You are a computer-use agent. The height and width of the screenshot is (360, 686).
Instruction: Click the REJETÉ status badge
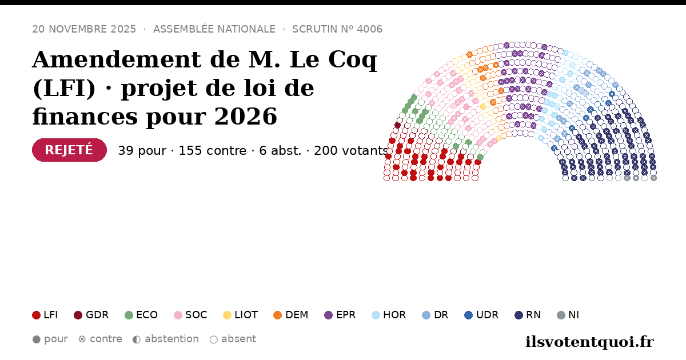[x=69, y=150]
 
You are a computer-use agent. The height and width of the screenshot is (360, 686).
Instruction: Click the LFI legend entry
[x=45, y=315]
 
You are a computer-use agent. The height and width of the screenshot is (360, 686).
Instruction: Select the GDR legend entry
[x=91, y=315]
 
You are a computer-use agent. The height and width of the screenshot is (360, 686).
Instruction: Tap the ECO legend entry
[x=141, y=315]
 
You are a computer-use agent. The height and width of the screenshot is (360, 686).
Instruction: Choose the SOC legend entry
[x=190, y=315]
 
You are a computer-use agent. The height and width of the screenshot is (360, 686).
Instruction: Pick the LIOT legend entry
[x=241, y=315]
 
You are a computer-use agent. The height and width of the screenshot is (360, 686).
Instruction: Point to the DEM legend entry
[x=290, y=315]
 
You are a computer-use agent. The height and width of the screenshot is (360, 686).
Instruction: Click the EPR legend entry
[x=340, y=315]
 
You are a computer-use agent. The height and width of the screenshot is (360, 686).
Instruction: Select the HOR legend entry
[x=389, y=315]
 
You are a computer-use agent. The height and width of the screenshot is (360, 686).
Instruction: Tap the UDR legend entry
[x=481, y=315]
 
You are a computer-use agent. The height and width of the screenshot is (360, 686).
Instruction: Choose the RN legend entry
[x=528, y=315]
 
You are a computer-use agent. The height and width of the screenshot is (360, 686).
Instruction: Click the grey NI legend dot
[x=561, y=315]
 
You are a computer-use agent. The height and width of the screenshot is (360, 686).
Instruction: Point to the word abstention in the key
[x=172, y=339]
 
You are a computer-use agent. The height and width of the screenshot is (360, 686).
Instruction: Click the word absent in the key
[x=238, y=339]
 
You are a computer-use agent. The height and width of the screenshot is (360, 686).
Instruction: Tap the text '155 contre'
[x=212, y=151]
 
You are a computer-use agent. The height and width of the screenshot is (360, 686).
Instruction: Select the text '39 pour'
[x=142, y=151]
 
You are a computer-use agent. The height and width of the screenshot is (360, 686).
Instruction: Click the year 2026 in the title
[x=246, y=117]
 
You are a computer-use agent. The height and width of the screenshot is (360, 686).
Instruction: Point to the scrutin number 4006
[x=370, y=29]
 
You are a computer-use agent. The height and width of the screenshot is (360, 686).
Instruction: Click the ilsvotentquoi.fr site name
[x=590, y=342]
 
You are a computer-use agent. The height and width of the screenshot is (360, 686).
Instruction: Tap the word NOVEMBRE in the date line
[x=78, y=29]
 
